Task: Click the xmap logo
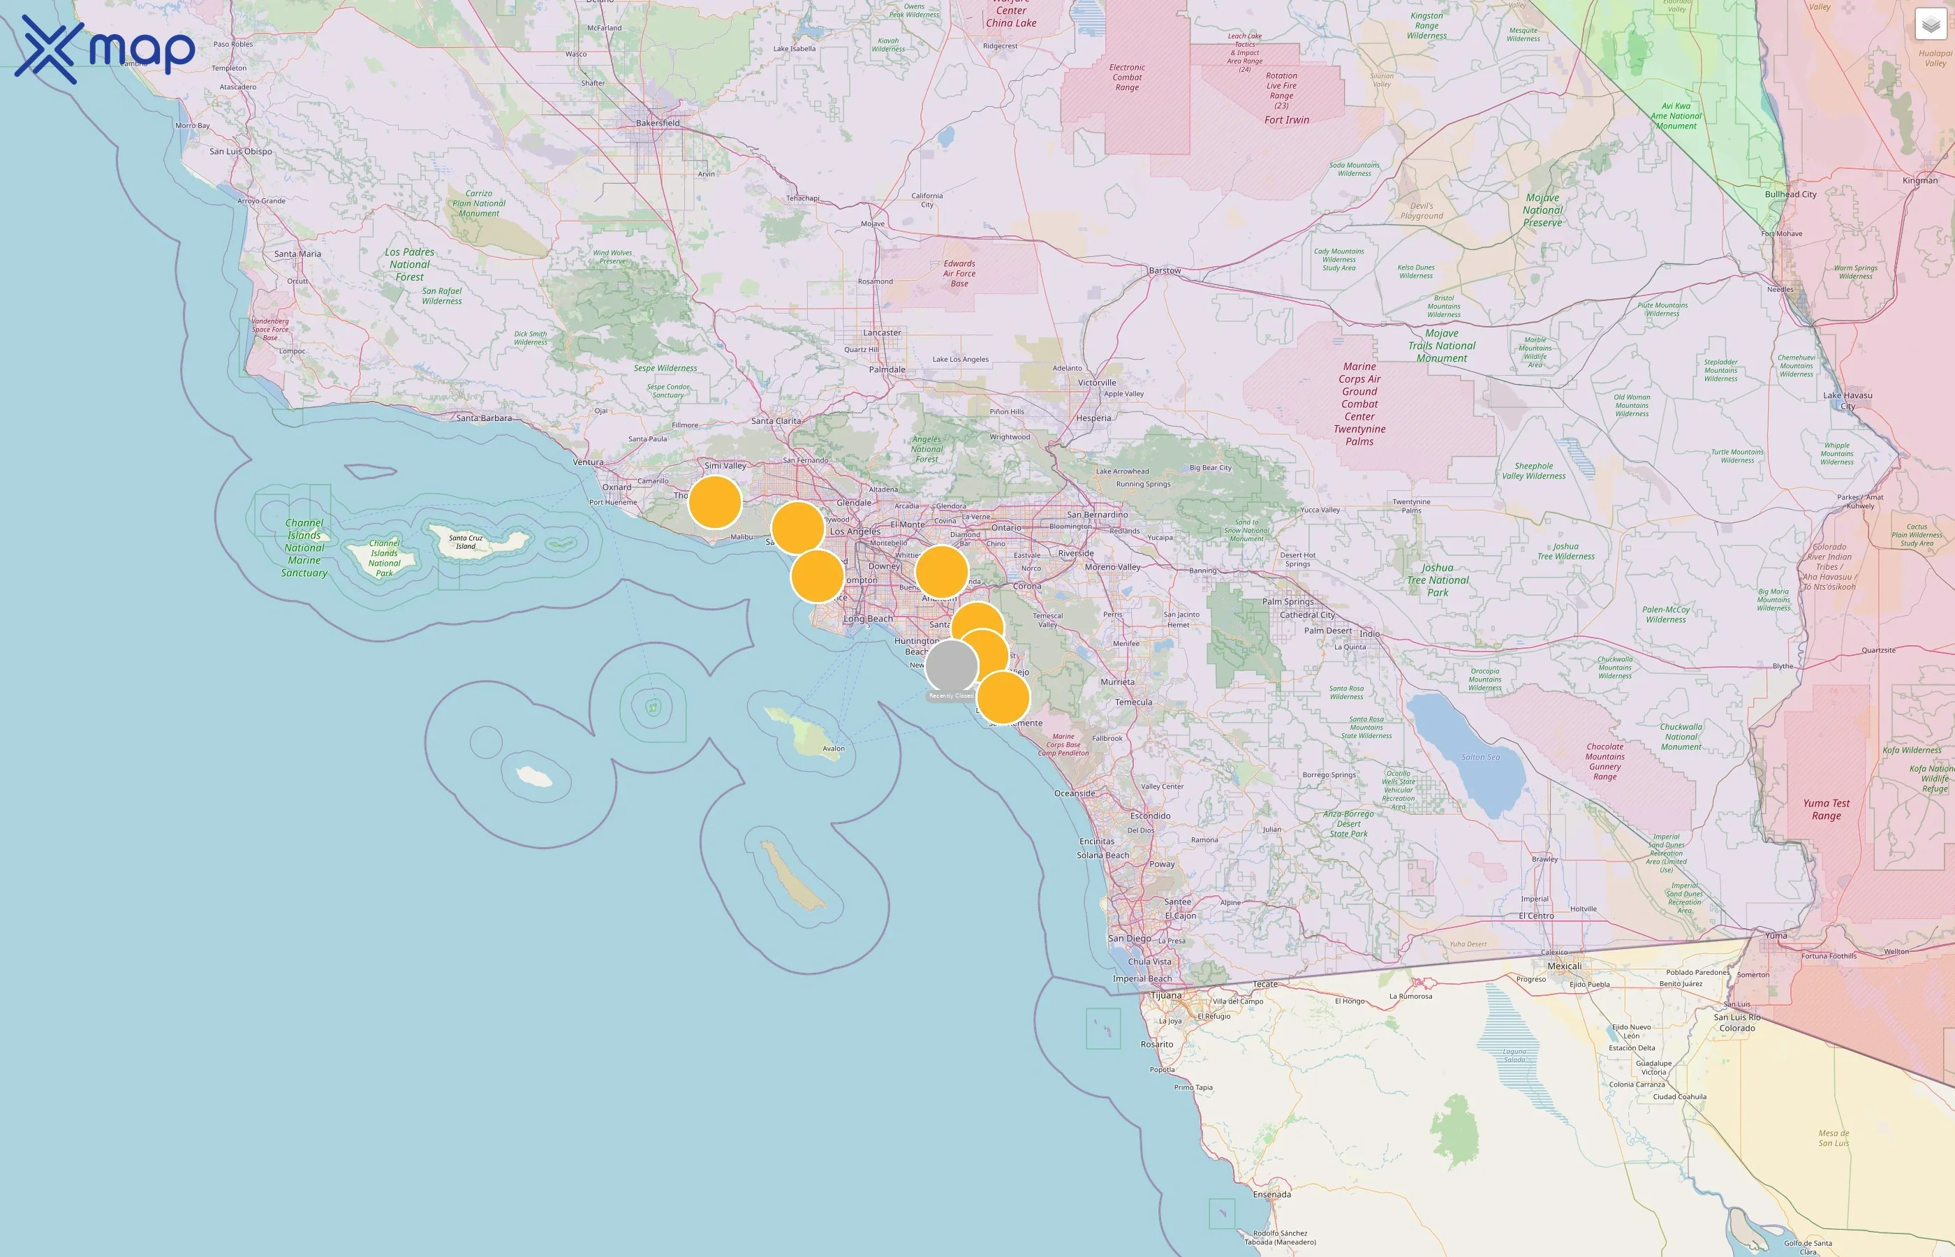[x=105, y=50]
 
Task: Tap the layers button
[x=1930, y=25]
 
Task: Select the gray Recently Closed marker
[x=952, y=666]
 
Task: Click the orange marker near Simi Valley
[x=715, y=502]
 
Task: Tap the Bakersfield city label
[x=658, y=123]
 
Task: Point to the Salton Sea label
[x=1480, y=758]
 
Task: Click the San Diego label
[x=1129, y=939]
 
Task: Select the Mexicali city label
[x=1564, y=966]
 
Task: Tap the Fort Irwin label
[x=1287, y=120]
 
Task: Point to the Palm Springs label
[x=1288, y=601]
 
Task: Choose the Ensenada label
[x=1272, y=1195]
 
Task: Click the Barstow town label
[x=1165, y=271]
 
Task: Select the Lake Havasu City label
[x=1847, y=401]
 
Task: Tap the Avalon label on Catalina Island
[x=833, y=749]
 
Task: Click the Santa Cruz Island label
[x=465, y=542]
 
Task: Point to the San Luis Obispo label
[x=241, y=152]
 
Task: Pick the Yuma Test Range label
[x=1826, y=809]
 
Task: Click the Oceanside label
[x=1075, y=793]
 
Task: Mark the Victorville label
[x=1097, y=383]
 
